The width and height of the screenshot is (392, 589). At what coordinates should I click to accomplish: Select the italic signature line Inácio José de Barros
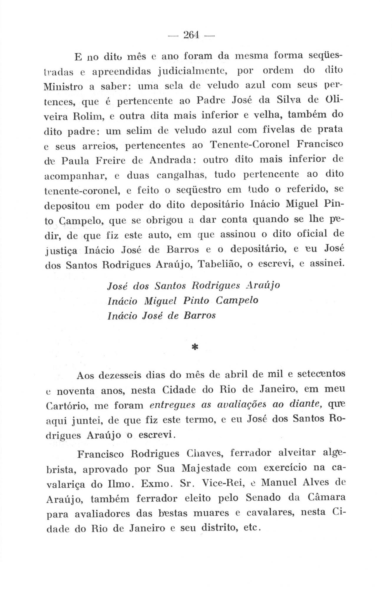162,315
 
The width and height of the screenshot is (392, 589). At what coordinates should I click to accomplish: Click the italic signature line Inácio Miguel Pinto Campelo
183,301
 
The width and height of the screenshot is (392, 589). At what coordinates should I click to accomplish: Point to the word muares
209,514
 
